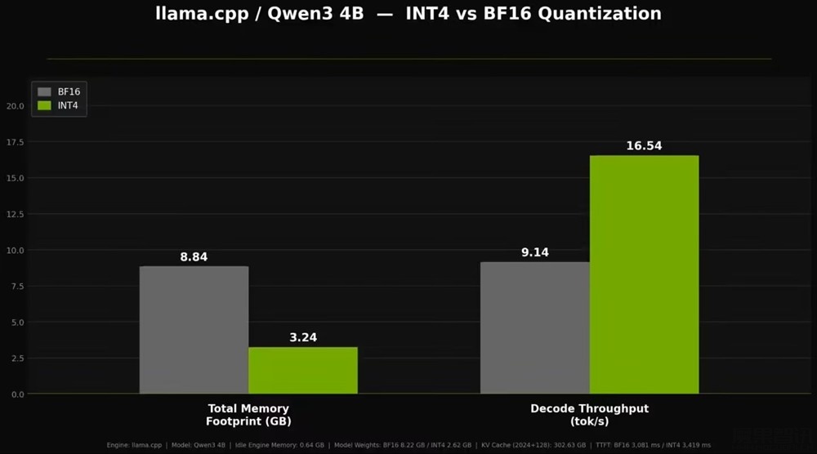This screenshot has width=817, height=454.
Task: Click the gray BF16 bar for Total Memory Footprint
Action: click(x=194, y=330)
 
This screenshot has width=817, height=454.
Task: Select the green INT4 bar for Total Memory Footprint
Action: click(x=303, y=371)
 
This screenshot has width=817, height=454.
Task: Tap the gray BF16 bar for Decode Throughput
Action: click(x=535, y=327)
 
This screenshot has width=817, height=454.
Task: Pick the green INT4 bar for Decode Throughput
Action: click(x=644, y=274)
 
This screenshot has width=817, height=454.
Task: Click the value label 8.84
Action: click(x=194, y=257)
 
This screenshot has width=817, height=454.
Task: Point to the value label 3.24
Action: click(x=303, y=337)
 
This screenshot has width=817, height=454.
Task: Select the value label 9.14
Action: click(x=535, y=252)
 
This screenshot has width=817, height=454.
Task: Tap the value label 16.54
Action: click(x=644, y=146)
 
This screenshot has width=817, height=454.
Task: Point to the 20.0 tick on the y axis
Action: click(x=15, y=105)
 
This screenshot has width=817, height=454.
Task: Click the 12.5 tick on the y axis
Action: click(x=15, y=214)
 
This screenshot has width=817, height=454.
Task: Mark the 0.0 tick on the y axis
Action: click(x=16, y=394)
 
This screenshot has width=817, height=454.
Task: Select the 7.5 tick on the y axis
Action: click(x=16, y=286)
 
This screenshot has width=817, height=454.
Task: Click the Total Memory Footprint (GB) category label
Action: click(x=248, y=415)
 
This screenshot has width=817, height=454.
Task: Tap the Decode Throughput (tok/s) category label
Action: click(x=589, y=415)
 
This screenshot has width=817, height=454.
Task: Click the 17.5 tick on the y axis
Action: click(x=15, y=141)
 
